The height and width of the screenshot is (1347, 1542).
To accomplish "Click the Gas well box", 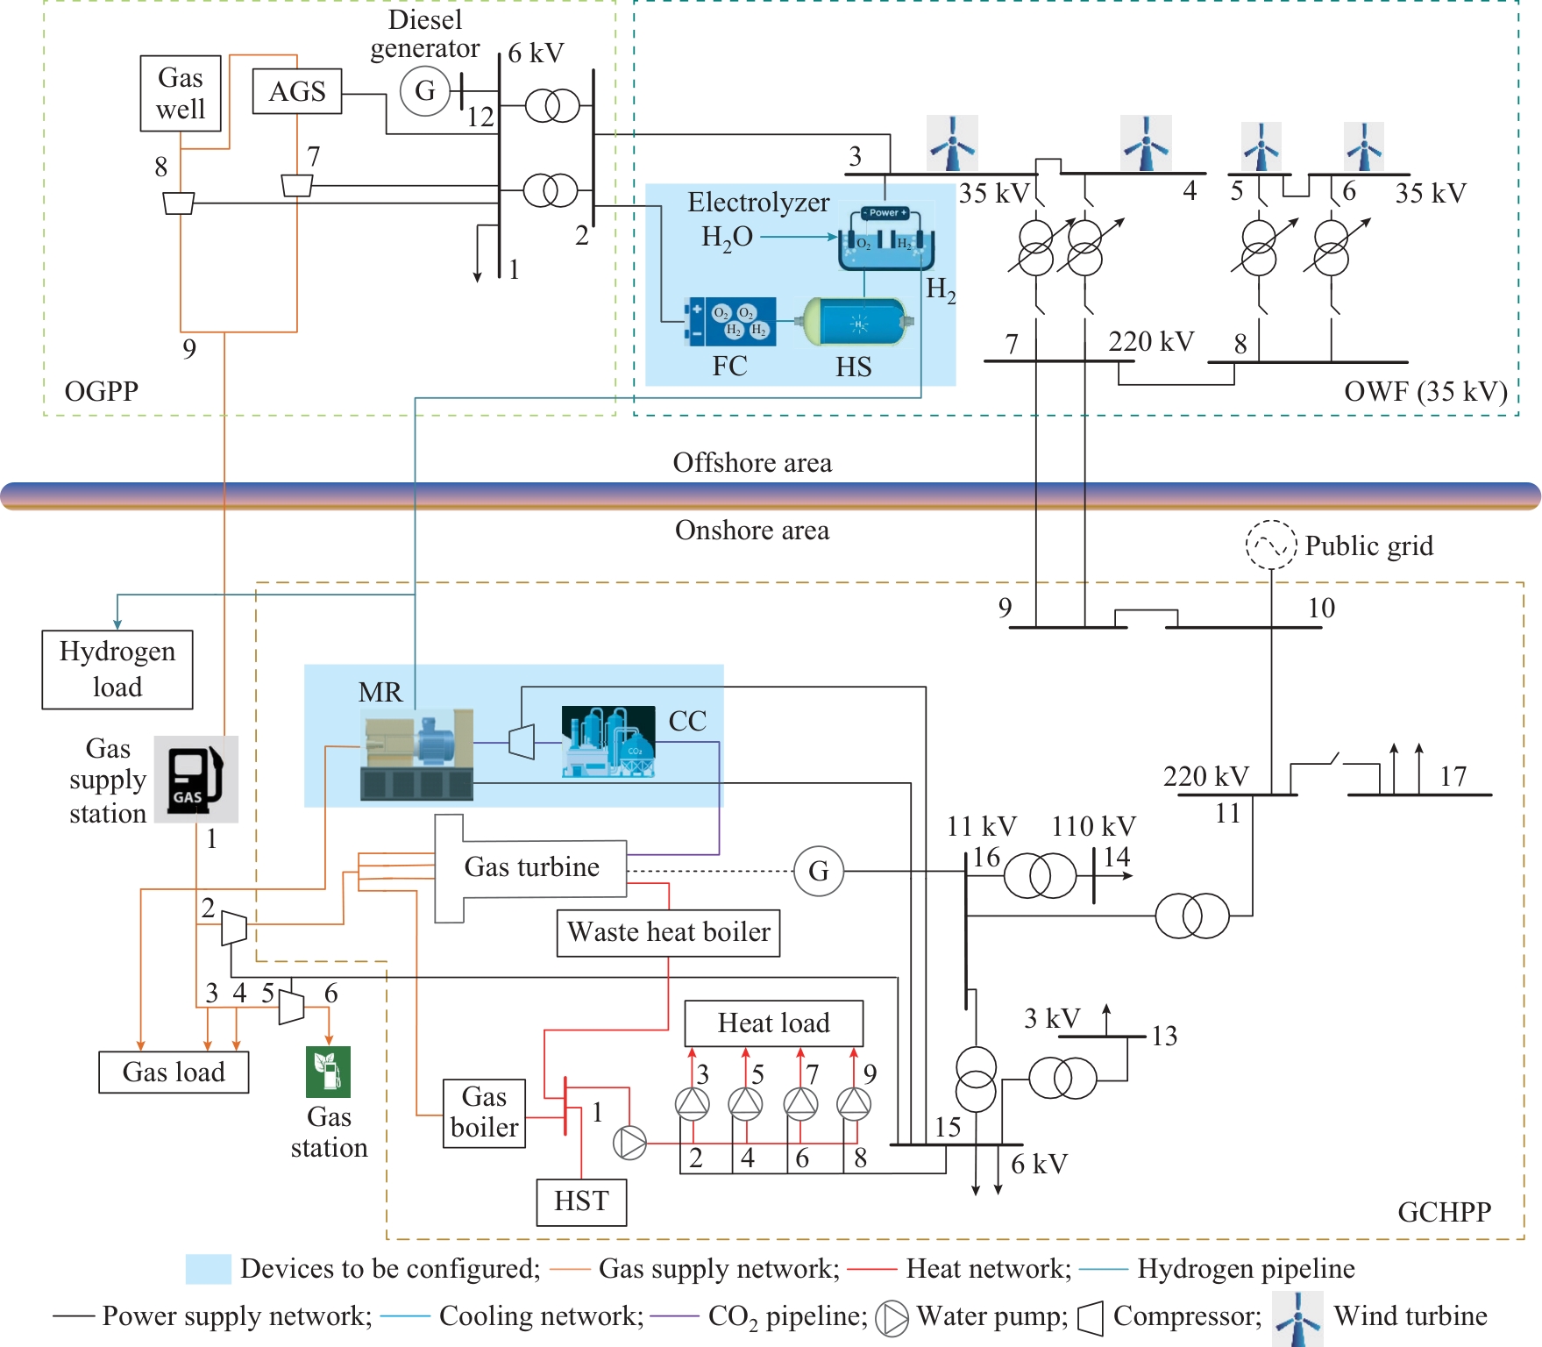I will [x=181, y=94].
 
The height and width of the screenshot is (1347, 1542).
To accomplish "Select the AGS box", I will [x=297, y=91].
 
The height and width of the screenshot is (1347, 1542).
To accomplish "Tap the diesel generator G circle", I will [x=425, y=90].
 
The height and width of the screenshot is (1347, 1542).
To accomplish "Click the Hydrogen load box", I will [x=117, y=669].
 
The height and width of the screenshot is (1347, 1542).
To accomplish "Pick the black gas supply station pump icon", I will [x=195, y=779].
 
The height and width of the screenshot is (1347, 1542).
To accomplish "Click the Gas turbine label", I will [x=531, y=867].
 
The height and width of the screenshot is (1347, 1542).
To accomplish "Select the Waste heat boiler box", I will [x=668, y=932].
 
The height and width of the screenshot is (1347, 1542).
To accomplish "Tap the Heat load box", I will [x=773, y=1023].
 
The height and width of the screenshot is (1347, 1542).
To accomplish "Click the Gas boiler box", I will [x=484, y=1113].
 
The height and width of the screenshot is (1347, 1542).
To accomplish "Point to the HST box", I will [x=581, y=1201].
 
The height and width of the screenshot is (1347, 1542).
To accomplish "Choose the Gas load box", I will [x=174, y=1072].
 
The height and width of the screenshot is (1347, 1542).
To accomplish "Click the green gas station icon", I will [x=328, y=1072].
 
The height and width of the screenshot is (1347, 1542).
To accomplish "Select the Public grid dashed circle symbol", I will [x=1271, y=545].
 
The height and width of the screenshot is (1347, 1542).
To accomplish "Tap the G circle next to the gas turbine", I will [x=819, y=871].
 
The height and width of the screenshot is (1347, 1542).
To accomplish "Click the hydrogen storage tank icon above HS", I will [x=859, y=323].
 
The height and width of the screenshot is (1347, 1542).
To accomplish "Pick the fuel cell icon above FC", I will [x=732, y=322].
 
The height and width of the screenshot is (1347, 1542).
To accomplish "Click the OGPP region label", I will [x=101, y=391].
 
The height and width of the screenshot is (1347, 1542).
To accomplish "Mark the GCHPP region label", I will [x=1444, y=1212].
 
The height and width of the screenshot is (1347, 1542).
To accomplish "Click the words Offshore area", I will [x=752, y=463].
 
